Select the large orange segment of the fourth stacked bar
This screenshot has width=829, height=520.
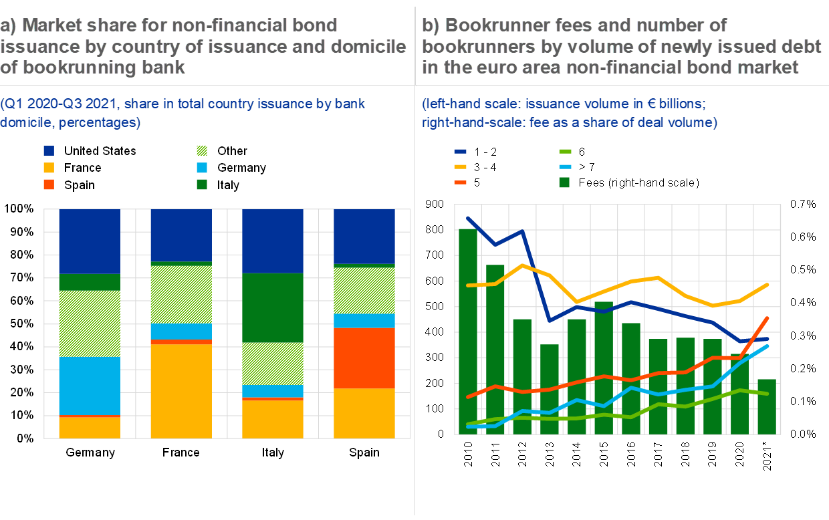point(364,358)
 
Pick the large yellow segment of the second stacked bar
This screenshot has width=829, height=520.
point(181,391)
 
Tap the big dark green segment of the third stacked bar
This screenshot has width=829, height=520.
point(272,307)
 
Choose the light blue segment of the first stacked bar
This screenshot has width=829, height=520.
point(90,386)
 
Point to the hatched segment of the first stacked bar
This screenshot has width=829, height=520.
point(90,323)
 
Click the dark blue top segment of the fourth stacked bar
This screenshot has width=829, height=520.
point(364,237)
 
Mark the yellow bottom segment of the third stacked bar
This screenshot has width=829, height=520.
point(272,419)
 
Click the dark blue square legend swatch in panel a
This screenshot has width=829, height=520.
point(49,151)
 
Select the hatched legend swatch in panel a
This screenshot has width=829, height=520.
point(202,151)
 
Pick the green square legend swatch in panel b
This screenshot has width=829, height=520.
point(564,182)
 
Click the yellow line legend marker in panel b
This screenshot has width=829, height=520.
point(460,166)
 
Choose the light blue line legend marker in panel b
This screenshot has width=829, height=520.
point(564,166)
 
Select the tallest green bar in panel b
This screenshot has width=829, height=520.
point(468,331)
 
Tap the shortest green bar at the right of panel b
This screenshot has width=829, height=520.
point(767,406)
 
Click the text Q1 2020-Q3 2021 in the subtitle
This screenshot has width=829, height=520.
point(49,104)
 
